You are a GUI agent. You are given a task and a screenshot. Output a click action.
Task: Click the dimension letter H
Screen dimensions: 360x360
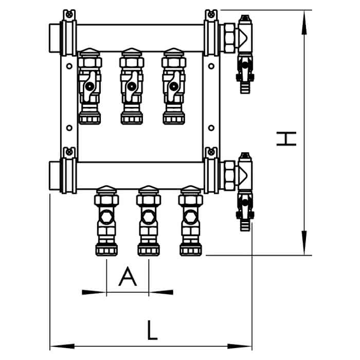coord(286,139)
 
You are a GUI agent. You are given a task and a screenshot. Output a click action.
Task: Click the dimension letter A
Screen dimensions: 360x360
coord(128,277)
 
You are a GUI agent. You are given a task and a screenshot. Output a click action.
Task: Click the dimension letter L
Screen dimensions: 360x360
coord(152,330)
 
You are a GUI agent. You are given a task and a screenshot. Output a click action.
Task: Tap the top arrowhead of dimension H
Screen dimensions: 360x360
coord(304,23)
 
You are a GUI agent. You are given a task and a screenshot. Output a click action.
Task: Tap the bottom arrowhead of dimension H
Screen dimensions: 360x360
coord(304,243)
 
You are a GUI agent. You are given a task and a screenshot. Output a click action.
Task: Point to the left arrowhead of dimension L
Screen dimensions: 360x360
coord(62,346)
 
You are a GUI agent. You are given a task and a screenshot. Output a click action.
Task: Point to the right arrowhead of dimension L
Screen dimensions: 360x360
coord(240,346)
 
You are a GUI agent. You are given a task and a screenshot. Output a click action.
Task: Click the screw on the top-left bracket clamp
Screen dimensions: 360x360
coord(69,15)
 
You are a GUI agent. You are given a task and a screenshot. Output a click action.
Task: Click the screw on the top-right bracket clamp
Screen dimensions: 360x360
coord(211,15)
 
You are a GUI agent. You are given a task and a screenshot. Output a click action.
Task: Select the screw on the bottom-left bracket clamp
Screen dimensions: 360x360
coord(69,152)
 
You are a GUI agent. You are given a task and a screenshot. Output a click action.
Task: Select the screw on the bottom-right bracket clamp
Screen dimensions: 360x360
coord(211,152)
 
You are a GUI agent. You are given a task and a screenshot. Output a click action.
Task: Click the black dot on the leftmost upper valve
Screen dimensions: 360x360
coord(89,86)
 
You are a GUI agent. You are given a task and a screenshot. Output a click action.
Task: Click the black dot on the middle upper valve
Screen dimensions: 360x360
coord(132,86)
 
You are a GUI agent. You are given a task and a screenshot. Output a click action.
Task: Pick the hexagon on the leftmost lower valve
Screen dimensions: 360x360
coord(106,217)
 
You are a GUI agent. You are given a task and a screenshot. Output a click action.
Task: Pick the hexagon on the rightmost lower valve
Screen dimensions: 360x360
coord(191,217)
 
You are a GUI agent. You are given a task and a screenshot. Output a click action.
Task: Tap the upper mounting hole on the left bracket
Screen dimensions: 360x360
coord(69,66)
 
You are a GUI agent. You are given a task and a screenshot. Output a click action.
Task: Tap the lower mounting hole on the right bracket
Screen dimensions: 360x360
coord(211,128)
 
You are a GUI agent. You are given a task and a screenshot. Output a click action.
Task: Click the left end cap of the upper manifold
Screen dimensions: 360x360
coord(55,38)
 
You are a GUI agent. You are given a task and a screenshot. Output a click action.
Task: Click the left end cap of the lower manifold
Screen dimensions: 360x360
coord(55,176)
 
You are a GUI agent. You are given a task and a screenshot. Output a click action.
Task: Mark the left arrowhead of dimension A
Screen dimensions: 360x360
coord(94,292)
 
